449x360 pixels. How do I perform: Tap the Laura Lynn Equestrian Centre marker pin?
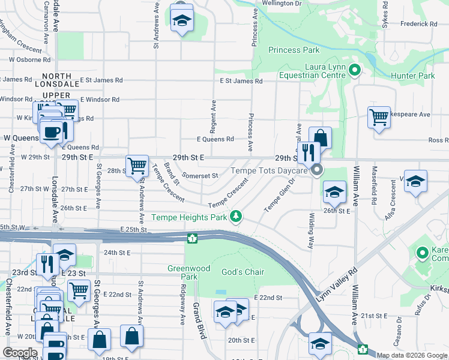coord(354,71)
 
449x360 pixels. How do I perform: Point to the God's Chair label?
coord(243,272)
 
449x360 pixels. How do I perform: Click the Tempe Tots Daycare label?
coord(269,170)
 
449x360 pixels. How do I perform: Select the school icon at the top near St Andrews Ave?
coord(181,20)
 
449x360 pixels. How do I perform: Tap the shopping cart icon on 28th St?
coord(137,164)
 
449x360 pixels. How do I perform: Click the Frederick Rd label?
coord(419,24)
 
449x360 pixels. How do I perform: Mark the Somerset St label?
coord(200,176)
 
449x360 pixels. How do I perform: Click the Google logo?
coord(20,353)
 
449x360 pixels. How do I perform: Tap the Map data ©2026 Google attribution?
coord(412,355)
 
